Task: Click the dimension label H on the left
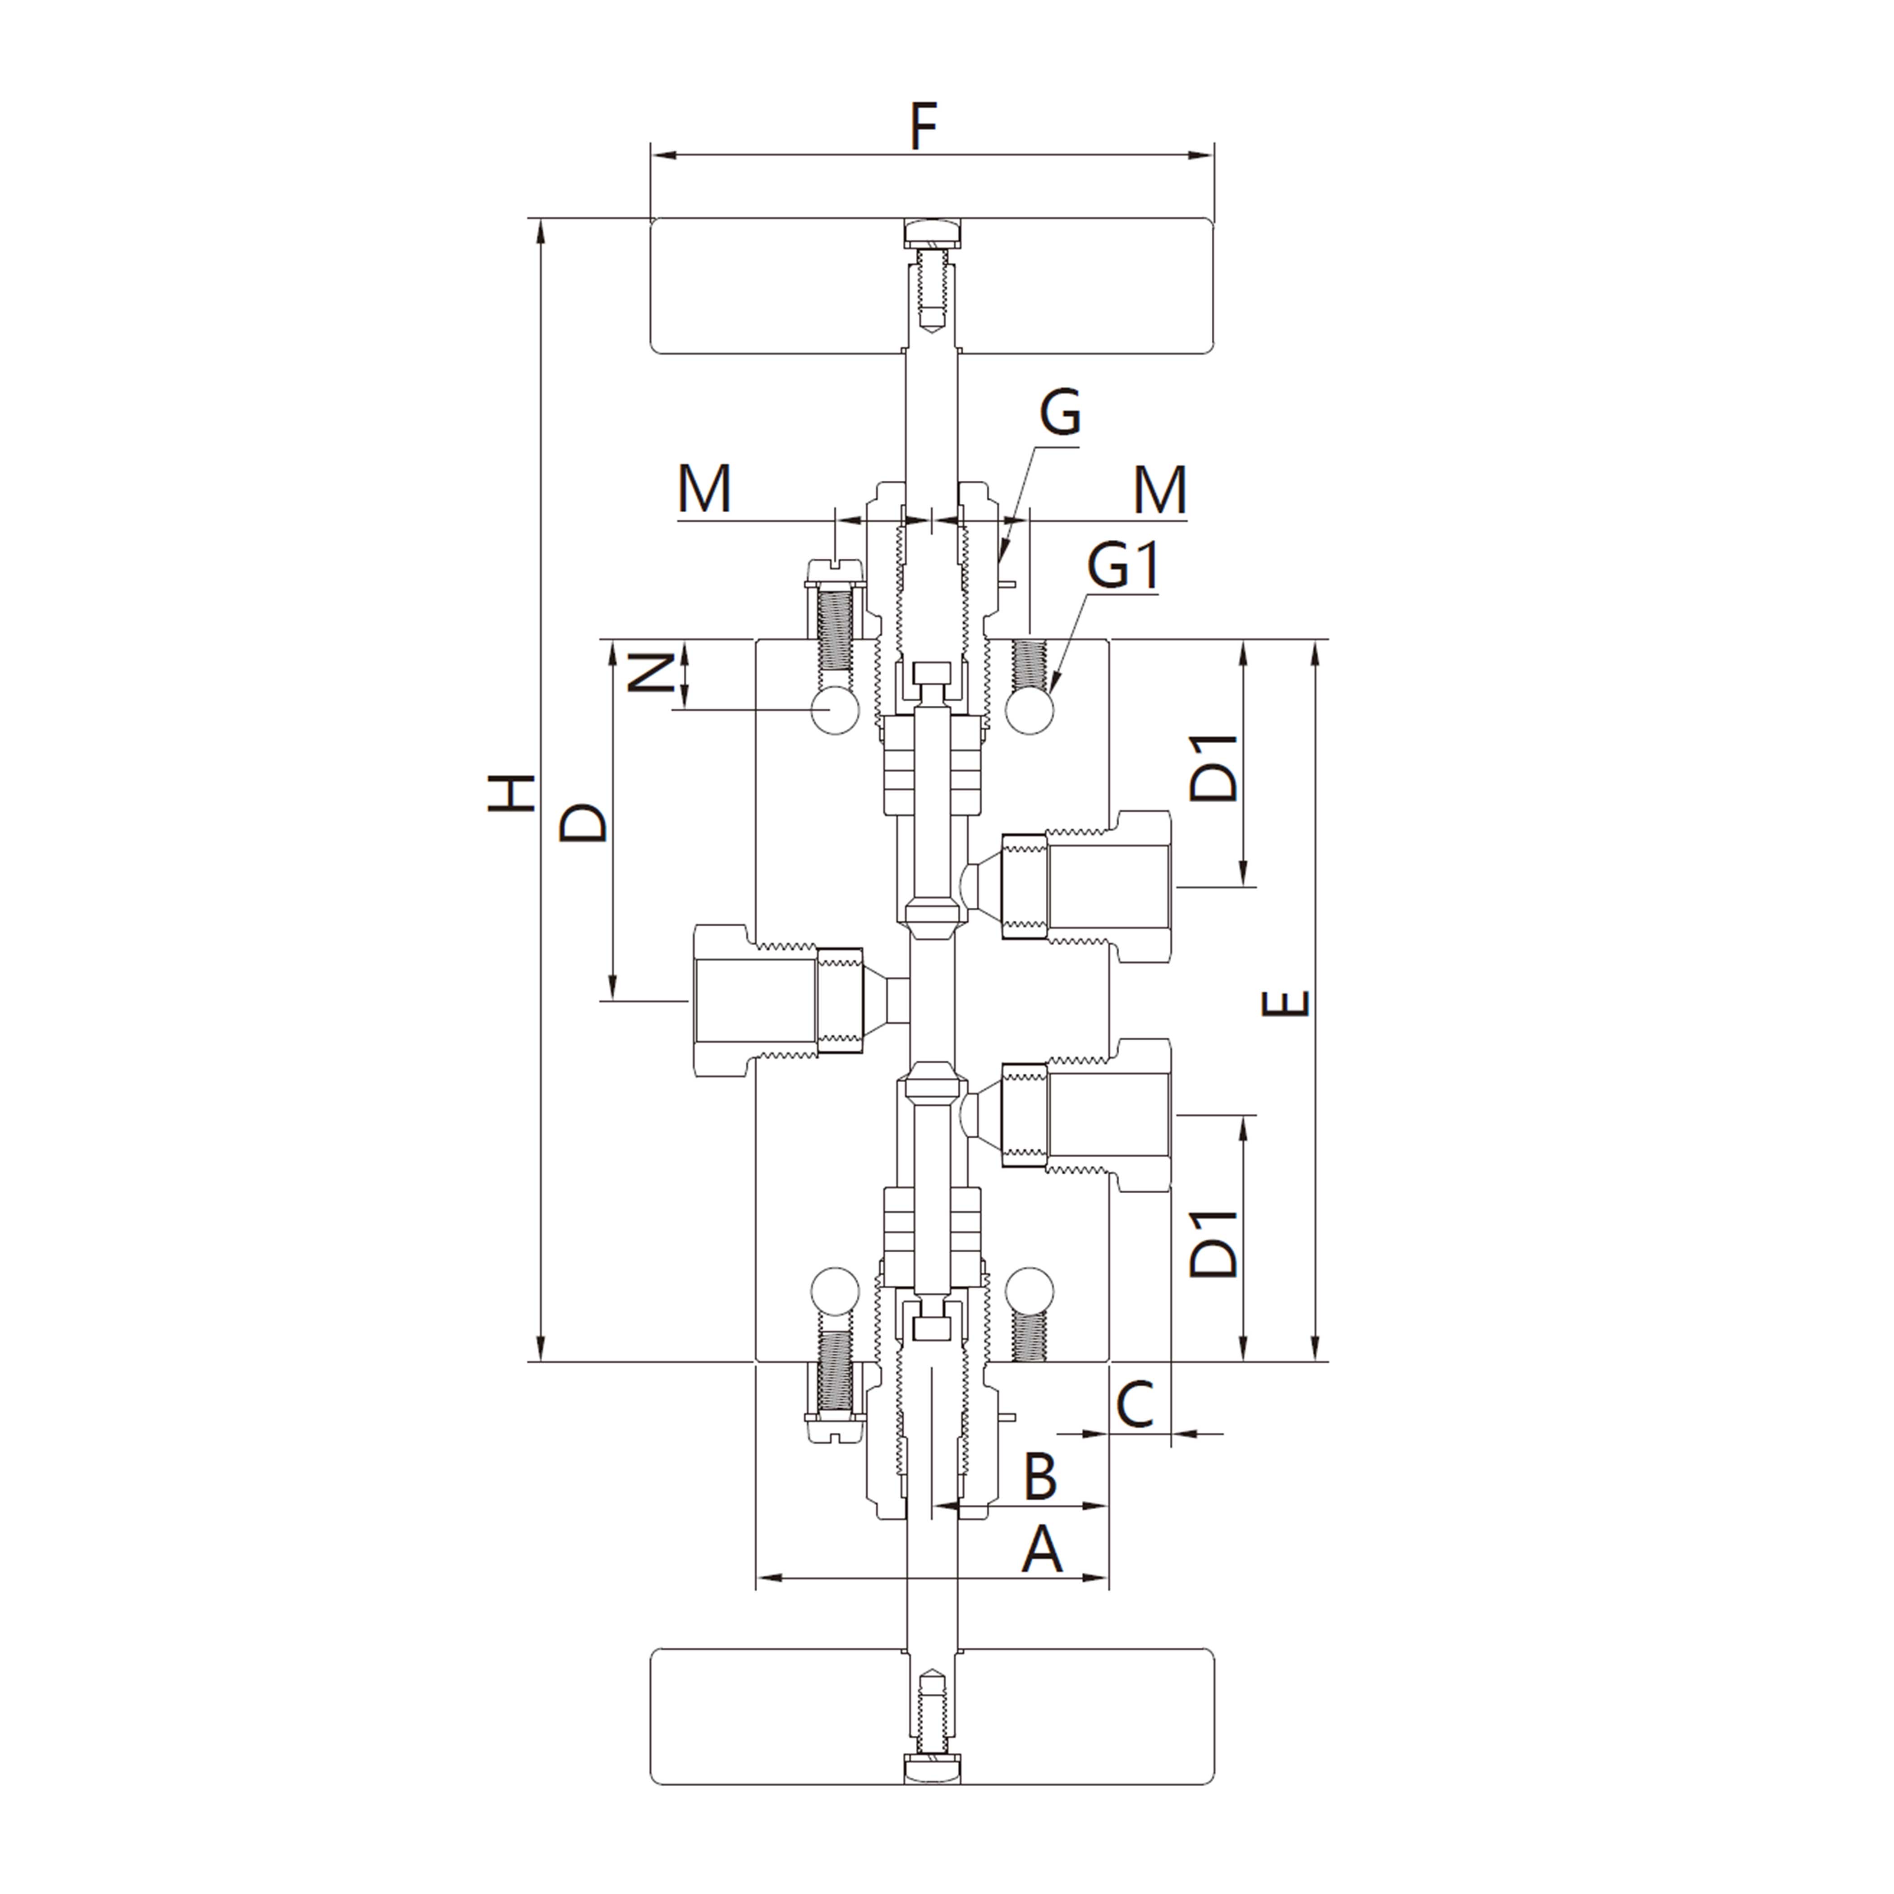(x=512, y=792)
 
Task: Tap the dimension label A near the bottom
(x=1042, y=1552)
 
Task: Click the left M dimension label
(x=705, y=489)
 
